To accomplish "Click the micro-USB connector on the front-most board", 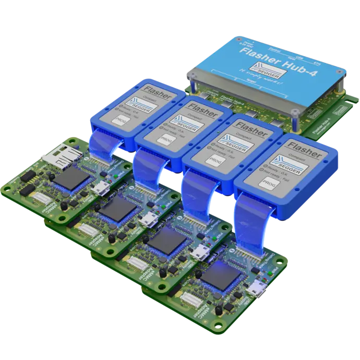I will pos(257,288).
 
